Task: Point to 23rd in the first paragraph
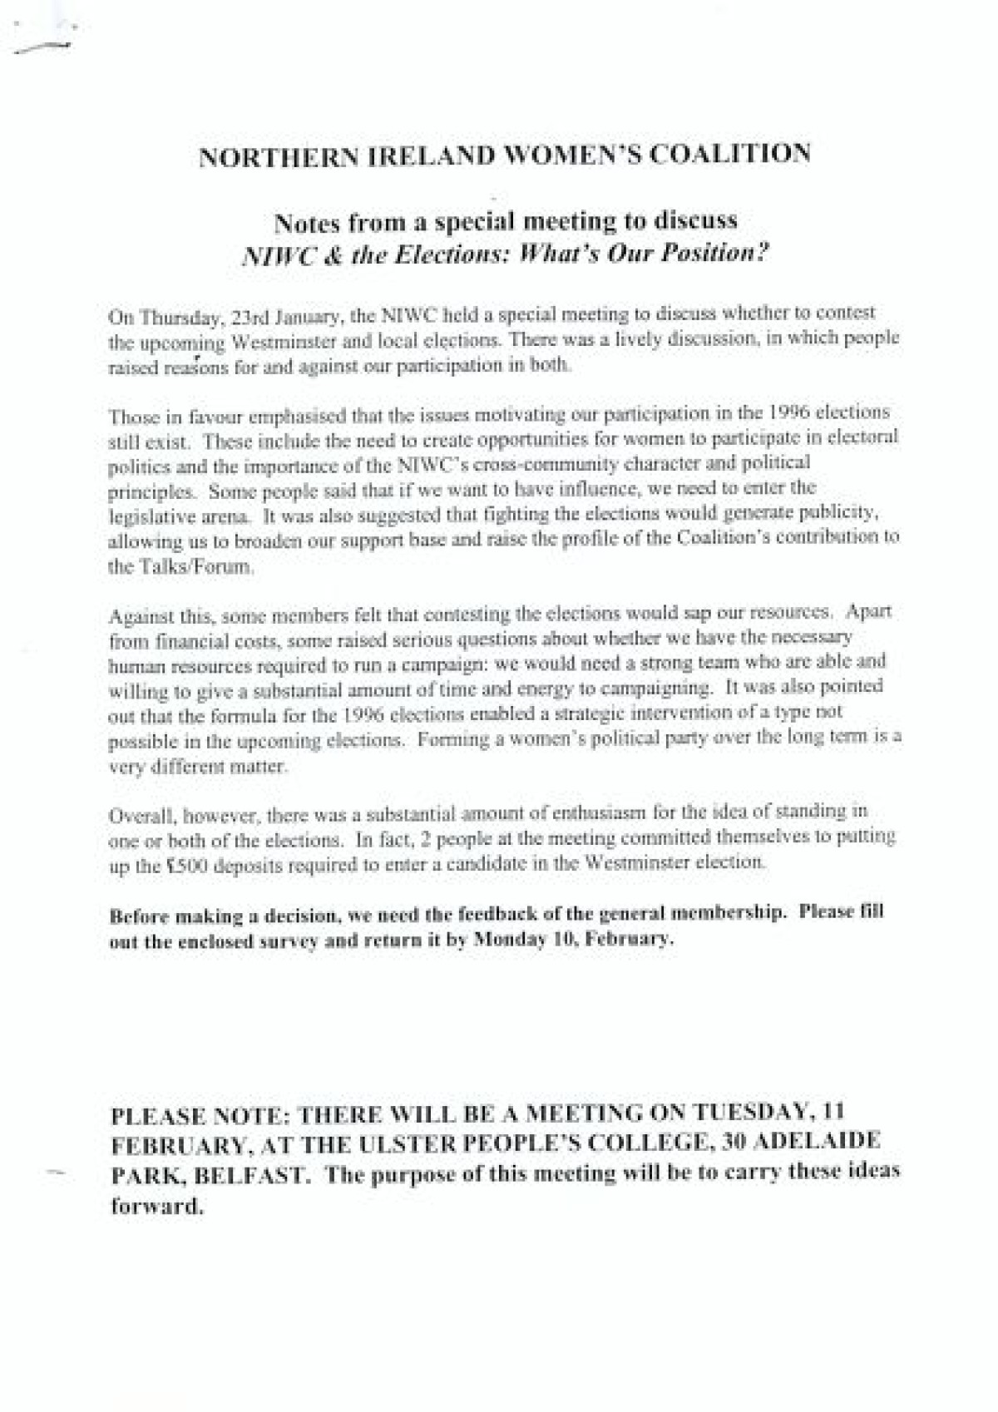click(229, 318)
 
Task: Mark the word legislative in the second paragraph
click(146, 516)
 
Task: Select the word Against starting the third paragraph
click(135, 618)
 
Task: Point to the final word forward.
click(157, 1207)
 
